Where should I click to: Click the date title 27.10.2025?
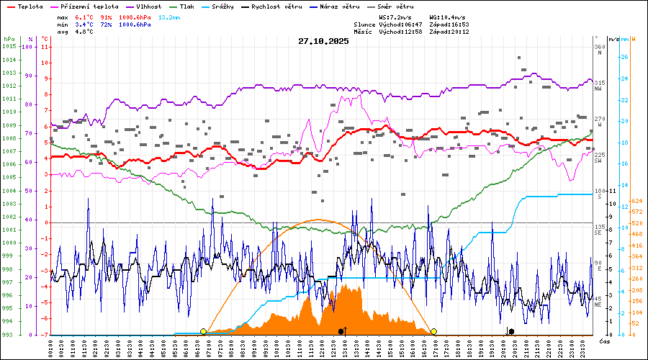[x=323, y=41]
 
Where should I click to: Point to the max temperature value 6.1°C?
[x=84, y=16]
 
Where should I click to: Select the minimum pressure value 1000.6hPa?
[x=135, y=24]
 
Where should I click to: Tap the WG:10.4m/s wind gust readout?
[x=447, y=16]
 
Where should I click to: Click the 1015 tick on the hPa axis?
[x=9, y=47]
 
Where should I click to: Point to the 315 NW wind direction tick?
[x=598, y=86]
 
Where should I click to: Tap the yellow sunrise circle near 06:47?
[x=203, y=331]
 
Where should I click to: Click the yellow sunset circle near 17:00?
[x=434, y=331]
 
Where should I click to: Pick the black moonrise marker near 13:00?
[x=341, y=331]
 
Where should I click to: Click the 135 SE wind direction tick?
[x=598, y=230]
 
